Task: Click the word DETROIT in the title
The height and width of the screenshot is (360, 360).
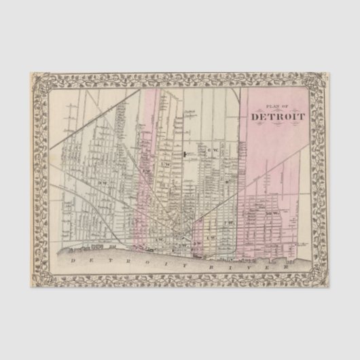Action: (278, 115)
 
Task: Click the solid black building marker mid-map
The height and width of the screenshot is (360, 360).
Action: (184, 156)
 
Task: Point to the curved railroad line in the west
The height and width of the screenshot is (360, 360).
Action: (109, 217)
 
